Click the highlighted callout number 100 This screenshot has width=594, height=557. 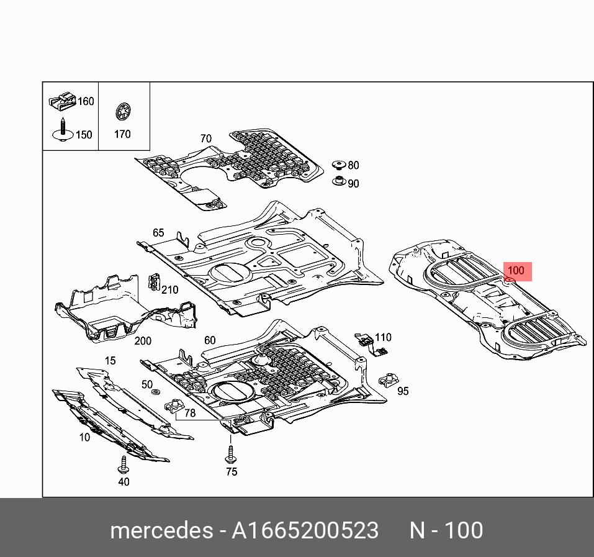(516, 271)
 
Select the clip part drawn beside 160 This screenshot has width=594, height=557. (61, 100)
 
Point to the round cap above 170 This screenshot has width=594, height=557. (122, 112)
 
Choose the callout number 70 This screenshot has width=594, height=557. (205, 138)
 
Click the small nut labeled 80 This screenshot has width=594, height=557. (338, 165)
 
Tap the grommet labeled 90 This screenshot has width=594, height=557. (339, 182)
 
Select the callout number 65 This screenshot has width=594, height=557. (158, 233)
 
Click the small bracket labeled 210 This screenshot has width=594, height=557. (151, 283)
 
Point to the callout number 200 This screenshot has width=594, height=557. (143, 341)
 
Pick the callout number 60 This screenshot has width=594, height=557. (210, 340)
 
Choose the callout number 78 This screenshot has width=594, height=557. (190, 412)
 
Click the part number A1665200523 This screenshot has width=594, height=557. (305, 530)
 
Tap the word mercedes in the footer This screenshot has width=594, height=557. (160, 530)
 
